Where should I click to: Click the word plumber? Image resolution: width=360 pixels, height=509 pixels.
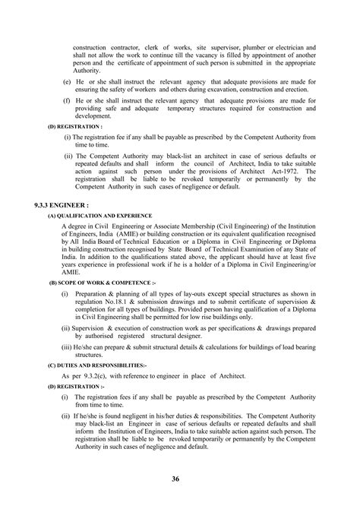point(242,47)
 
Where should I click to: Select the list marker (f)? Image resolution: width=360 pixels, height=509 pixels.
point(67,100)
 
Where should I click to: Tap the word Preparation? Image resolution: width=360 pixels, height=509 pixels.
point(99,292)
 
